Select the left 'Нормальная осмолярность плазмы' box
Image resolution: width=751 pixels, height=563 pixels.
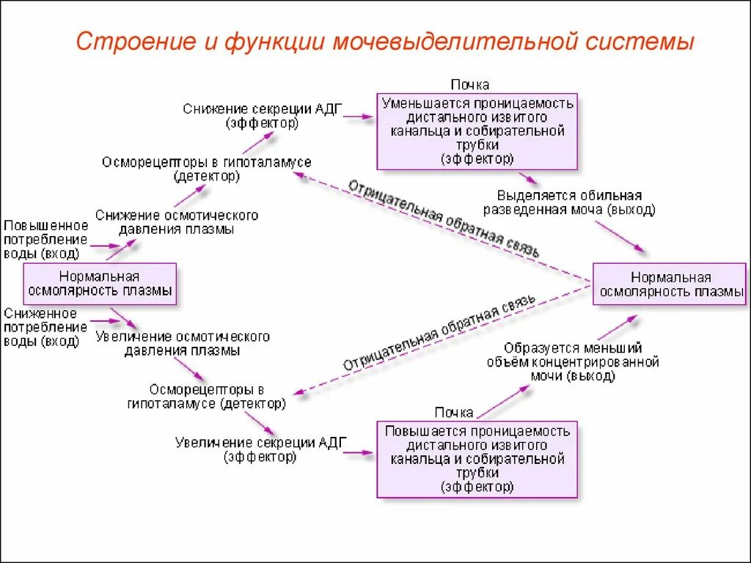tap(100, 284)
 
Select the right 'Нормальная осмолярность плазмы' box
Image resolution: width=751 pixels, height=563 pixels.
tap(670, 284)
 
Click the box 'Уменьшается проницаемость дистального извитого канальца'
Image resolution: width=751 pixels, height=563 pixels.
tap(477, 131)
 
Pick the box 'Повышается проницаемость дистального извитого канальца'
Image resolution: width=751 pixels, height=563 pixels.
tap(477, 459)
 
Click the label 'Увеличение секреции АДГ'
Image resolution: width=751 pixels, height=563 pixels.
tap(260, 449)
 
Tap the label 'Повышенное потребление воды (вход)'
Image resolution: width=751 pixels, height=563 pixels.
tap(45, 239)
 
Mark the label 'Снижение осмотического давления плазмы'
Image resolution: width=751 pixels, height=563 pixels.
tap(176, 222)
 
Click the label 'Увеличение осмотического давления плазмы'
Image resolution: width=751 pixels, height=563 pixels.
tap(182, 344)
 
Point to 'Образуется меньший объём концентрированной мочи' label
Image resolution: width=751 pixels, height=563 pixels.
tap(572, 362)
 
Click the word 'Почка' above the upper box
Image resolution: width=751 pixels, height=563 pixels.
tap(469, 85)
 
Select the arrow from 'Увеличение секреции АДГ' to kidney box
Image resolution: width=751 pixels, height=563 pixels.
tap(359, 452)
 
